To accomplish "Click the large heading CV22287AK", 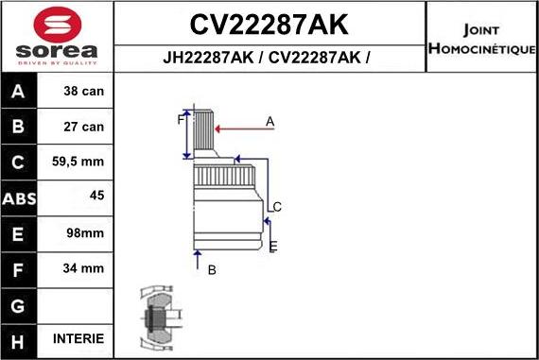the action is [x=269, y=24].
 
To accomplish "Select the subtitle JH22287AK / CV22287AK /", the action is [x=269, y=57].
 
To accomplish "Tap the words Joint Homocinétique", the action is [x=482, y=38].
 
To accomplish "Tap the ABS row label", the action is [x=20, y=197].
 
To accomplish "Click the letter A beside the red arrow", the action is [x=269, y=121].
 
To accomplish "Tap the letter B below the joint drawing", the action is [x=212, y=270].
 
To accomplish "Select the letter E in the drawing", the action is [x=273, y=247].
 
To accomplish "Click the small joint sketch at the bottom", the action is [x=156, y=316].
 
